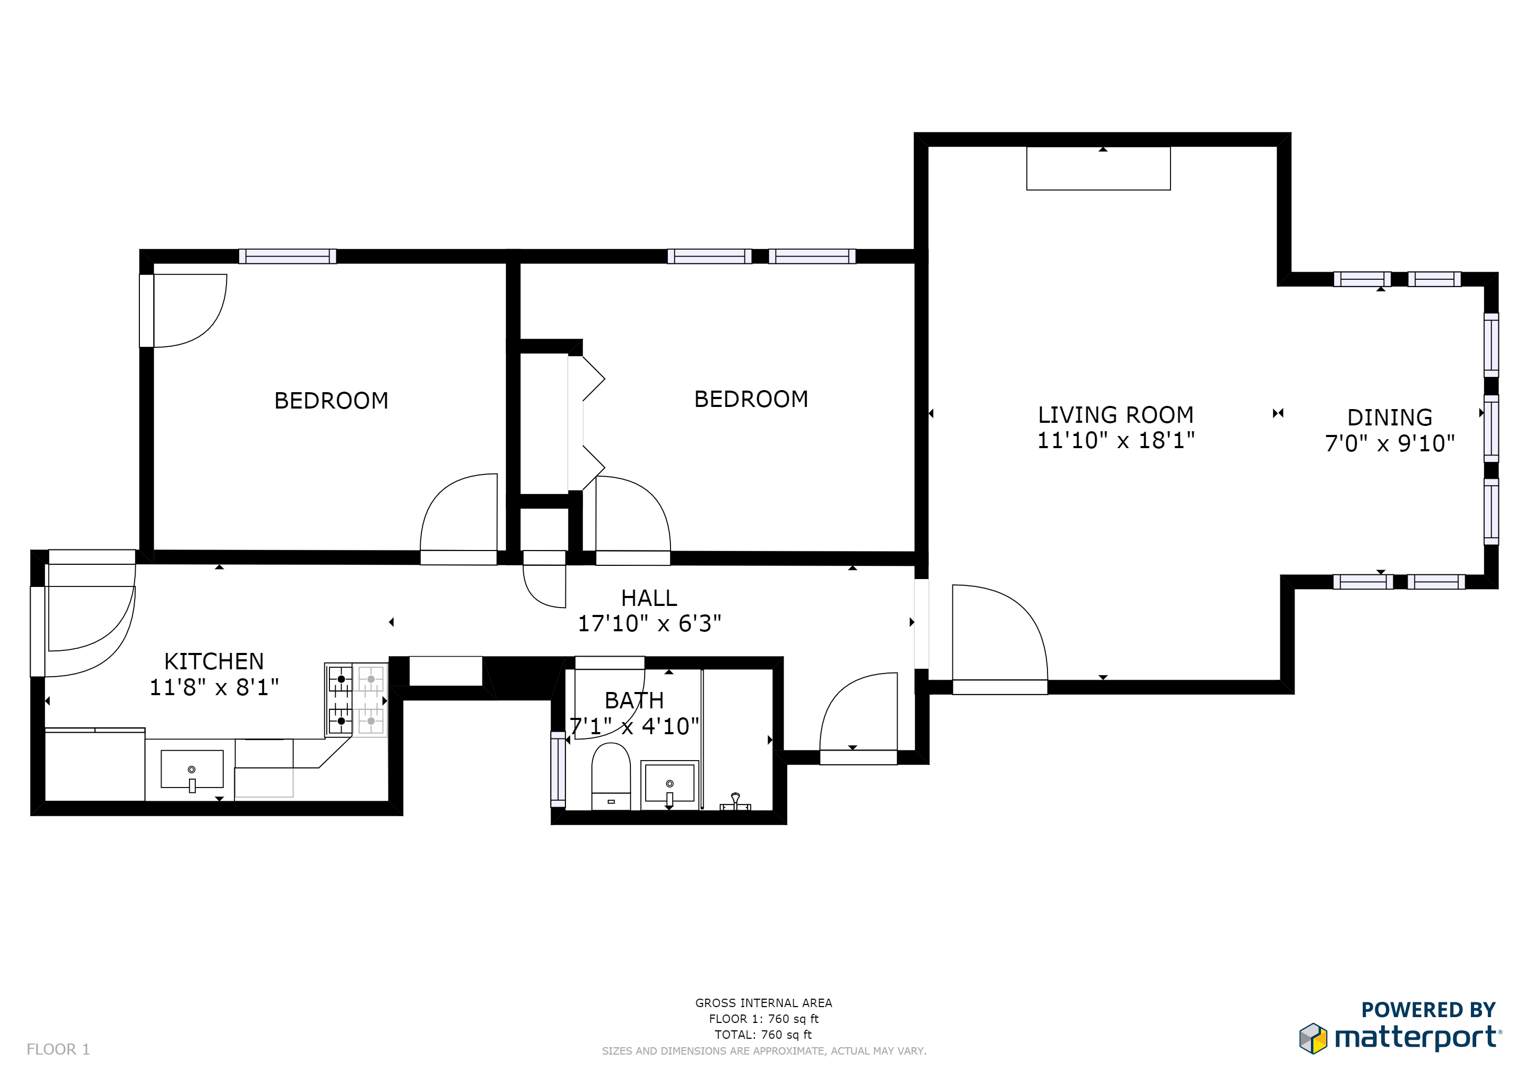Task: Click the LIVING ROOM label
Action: click(x=1116, y=415)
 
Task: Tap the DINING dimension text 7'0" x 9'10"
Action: click(x=1389, y=443)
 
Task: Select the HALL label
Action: click(x=649, y=598)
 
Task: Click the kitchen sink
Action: click(x=192, y=770)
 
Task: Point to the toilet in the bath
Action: click(x=611, y=775)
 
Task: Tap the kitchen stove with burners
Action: click(x=356, y=699)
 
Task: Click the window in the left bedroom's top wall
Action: click(x=287, y=257)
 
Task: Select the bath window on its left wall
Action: click(x=558, y=769)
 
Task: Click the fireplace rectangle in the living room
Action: click(x=1098, y=168)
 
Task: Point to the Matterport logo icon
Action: click(x=1313, y=1038)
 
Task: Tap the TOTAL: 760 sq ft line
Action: click(x=762, y=1035)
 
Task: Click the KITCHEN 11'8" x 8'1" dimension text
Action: click(x=214, y=687)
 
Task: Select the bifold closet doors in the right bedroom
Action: click(x=586, y=423)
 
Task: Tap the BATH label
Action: click(x=634, y=700)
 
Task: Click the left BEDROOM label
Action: click(x=331, y=401)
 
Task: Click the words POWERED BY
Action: click(x=1428, y=1010)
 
